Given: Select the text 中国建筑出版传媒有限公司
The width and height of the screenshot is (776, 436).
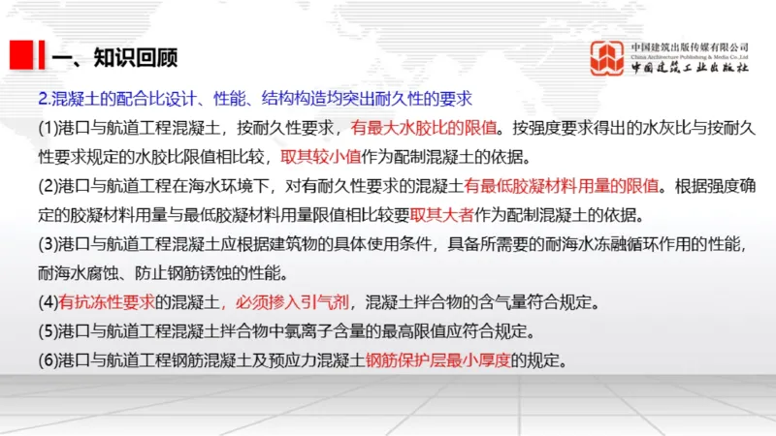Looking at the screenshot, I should tap(690, 46).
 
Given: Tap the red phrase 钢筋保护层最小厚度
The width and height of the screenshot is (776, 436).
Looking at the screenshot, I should tap(438, 358).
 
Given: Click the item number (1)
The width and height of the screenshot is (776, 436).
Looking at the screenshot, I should tap(48, 127).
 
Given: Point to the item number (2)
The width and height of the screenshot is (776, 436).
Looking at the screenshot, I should tap(48, 185).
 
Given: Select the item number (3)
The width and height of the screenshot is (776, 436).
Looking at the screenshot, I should tap(48, 243).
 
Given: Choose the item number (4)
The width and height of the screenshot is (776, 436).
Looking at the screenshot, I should tap(48, 300).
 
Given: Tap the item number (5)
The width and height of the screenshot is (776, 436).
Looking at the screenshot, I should tap(48, 329).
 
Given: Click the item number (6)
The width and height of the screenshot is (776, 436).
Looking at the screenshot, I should tap(48, 358).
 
